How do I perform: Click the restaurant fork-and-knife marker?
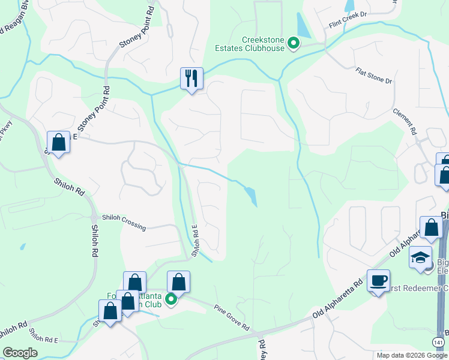click(191, 78)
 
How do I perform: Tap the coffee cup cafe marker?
click(379, 281)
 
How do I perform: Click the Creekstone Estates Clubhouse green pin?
click(294, 43)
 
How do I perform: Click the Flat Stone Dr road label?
click(373, 76)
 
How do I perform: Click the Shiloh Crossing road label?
click(124, 222)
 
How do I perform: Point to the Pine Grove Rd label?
click(232, 317)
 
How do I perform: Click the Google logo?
click(20, 353)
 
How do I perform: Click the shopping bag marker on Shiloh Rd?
click(58, 142)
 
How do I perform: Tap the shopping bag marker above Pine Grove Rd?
click(179, 281)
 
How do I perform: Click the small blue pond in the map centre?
click(252, 196)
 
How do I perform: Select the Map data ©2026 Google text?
click(411, 355)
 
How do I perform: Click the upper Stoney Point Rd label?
click(137, 30)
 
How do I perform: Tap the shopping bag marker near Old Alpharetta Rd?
click(431, 227)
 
